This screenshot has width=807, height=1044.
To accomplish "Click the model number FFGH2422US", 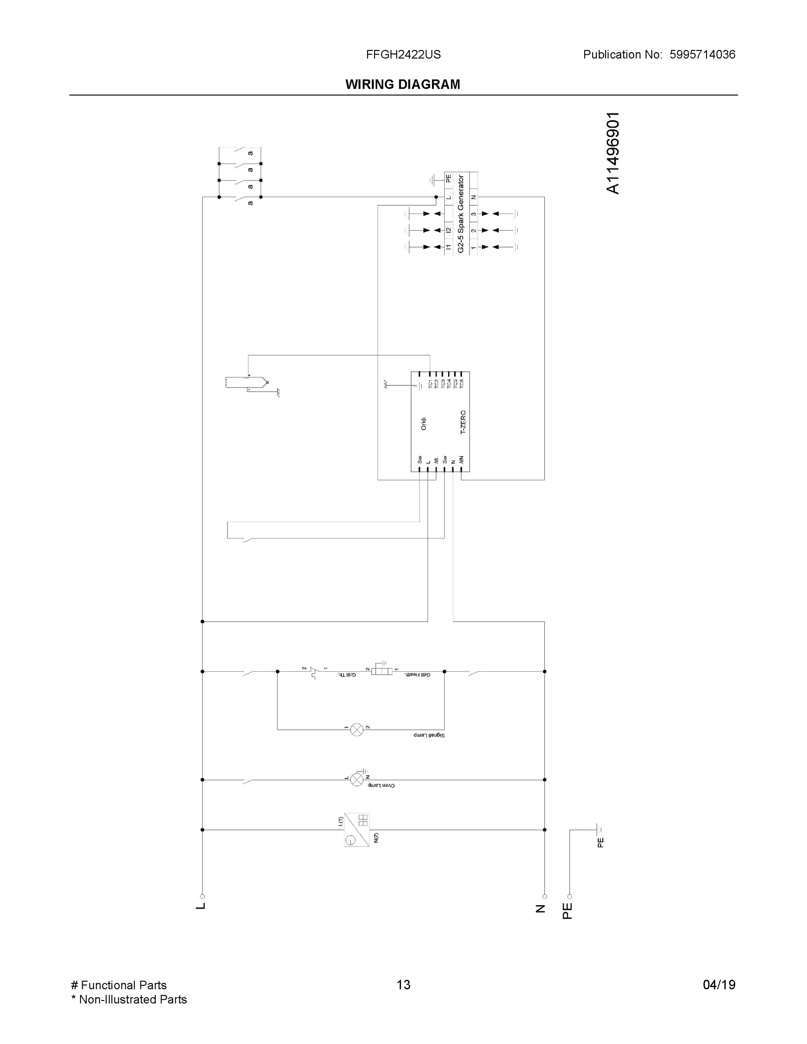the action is (403, 54).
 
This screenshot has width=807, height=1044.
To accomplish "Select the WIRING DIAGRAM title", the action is (402, 85).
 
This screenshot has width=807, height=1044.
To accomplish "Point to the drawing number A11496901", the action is (613, 153).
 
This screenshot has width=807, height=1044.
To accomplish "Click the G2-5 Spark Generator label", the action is (461, 214).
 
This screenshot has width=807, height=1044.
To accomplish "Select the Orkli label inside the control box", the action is (424, 424).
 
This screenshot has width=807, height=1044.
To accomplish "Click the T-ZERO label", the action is (463, 422).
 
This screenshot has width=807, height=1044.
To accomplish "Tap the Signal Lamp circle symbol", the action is (357, 729).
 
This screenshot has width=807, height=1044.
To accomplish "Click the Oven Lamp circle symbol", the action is (357, 780).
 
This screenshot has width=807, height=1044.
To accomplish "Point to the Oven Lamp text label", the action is (382, 785).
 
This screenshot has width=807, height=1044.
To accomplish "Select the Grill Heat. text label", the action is (417, 675).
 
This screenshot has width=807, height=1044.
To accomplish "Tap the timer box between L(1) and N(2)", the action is (357, 830).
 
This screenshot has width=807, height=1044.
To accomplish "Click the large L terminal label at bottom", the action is (201, 907).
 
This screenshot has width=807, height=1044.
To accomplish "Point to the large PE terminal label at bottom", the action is (567, 911).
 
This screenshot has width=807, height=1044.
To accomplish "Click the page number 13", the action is (403, 985).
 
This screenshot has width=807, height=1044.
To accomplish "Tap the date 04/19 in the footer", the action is (719, 985).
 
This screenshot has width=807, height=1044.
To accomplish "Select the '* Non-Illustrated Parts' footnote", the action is (129, 1000).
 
